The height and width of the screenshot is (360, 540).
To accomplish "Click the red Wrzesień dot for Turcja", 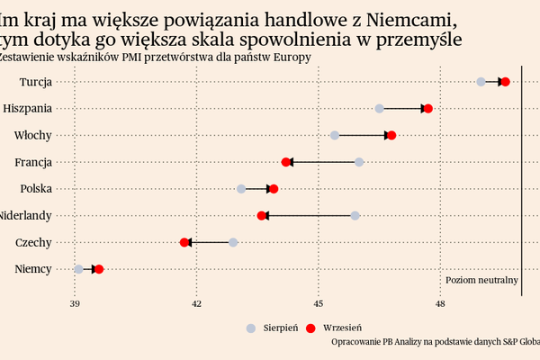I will [505, 82].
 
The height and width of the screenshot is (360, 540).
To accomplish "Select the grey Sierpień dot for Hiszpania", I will [380, 109].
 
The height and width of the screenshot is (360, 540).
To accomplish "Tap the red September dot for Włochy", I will [391, 135].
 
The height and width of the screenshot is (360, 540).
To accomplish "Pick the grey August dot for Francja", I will [359, 162].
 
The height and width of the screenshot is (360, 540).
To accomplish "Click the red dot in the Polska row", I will [274, 189].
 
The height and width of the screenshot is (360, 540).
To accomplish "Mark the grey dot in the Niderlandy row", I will [355, 216].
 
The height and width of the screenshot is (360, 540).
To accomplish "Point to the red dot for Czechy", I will [184, 242].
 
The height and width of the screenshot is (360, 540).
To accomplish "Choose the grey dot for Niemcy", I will [79, 269].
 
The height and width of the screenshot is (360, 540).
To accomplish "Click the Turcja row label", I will [35, 82].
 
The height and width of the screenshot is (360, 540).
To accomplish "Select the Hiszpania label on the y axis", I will [28, 109].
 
